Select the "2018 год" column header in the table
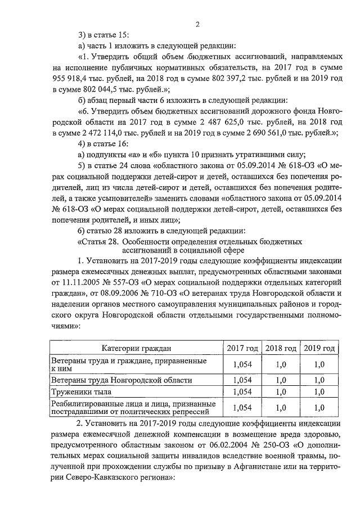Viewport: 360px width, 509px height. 281,348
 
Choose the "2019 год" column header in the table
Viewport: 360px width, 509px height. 319,348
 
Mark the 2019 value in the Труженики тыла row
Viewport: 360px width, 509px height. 319,391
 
